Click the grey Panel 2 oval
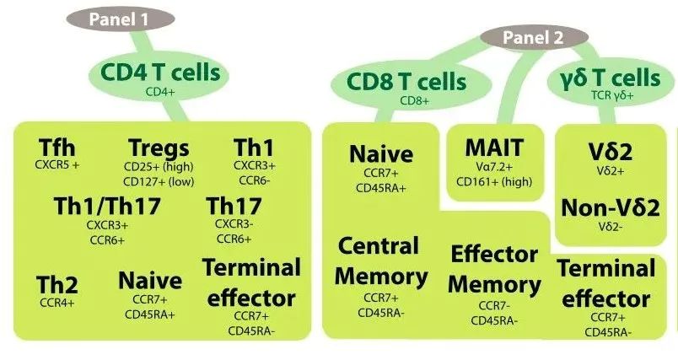(533, 37)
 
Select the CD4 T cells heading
(161, 73)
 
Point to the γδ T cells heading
(611, 78)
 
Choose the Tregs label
(159, 148)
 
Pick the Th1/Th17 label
(107, 206)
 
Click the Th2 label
(57, 284)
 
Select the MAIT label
(493, 147)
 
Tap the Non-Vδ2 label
(611, 207)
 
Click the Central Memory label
(379, 261)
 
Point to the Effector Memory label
(493, 269)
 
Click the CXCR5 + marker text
(57, 164)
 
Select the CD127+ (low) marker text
(159, 180)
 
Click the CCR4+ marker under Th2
(57, 301)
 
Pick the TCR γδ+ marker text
(612, 96)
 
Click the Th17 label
(234, 206)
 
